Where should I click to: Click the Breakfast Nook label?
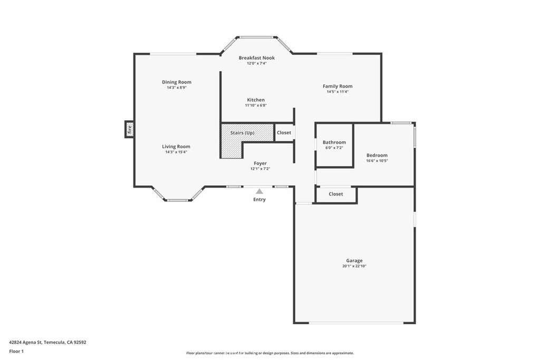[x=257, y=58]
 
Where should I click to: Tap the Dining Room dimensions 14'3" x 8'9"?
[x=177, y=88]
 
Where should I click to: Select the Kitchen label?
[x=256, y=100]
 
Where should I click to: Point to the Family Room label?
[x=337, y=86]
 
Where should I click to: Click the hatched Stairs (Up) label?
[x=243, y=133]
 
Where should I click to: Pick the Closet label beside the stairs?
[x=284, y=132]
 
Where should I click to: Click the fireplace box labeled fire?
[x=130, y=130]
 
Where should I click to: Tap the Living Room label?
[x=176, y=147]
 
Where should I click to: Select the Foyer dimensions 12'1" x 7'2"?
[x=260, y=169]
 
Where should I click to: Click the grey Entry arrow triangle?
[x=259, y=191]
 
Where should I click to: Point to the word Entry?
[x=259, y=200]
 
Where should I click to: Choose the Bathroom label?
[x=334, y=142]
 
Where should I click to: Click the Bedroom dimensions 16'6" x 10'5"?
[x=377, y=161]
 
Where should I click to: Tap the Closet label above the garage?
[x=336, y=194]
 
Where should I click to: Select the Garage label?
[x=354, y=261]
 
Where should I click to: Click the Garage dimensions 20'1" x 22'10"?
[x=354, y=266]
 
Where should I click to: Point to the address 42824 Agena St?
[x=25, y=343]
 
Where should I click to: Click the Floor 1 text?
[x=16, y=352]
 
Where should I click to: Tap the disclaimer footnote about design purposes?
[x=270, y=353]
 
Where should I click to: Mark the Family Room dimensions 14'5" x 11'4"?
[x=337, y=92]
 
